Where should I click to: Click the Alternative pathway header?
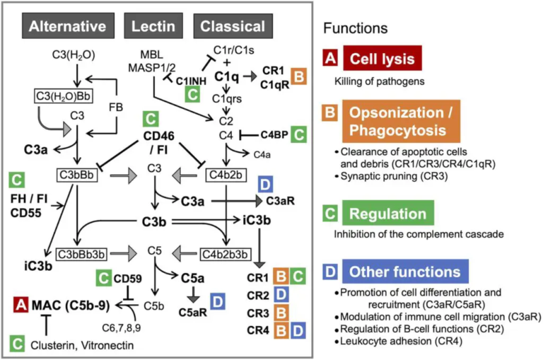coord(68,27)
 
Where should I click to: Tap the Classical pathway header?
coord(233,27)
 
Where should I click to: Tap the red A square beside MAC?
coord(20,305)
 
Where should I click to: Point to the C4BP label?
coord(273,132)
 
